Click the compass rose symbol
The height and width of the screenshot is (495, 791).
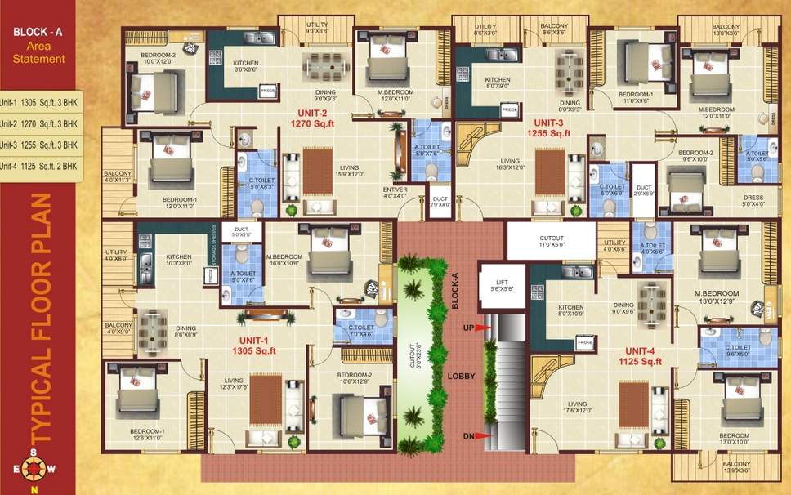pyautogui.click(x=34, y=469)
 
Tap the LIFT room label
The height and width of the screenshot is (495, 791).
pyautogui.click(x=495, y=283)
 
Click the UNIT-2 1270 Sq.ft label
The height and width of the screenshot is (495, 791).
pyautogui.click(x=308, y=118)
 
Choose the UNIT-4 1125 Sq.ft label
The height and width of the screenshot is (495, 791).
pyautogui.click(x=640, y=355)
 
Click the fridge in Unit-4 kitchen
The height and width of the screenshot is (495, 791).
pyautogui.click(x=584, y=343)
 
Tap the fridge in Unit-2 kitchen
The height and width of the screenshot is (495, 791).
pyautogui.click(x=268, y=91)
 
